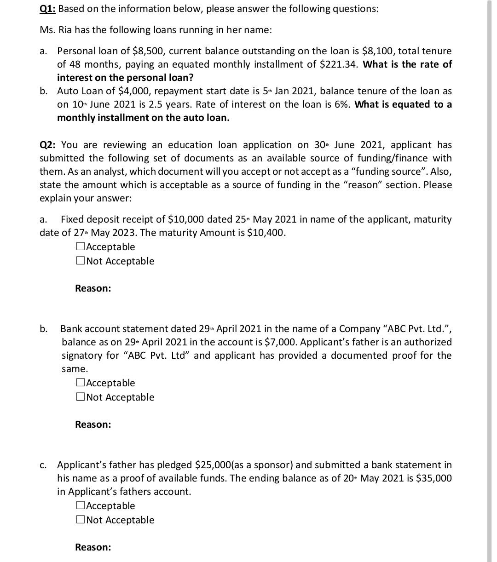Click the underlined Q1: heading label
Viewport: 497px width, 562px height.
47,9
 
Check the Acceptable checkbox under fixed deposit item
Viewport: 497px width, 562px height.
80,247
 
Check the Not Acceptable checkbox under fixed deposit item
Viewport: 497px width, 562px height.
80,261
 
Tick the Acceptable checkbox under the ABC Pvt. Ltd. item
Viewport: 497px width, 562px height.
80,383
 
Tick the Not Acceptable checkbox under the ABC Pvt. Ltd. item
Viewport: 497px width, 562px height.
80,397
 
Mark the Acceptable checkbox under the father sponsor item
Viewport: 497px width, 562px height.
80,506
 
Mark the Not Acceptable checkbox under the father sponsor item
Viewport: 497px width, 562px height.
80,520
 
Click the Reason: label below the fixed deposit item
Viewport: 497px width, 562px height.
93,288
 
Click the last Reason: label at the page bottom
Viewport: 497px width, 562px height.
93,547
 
